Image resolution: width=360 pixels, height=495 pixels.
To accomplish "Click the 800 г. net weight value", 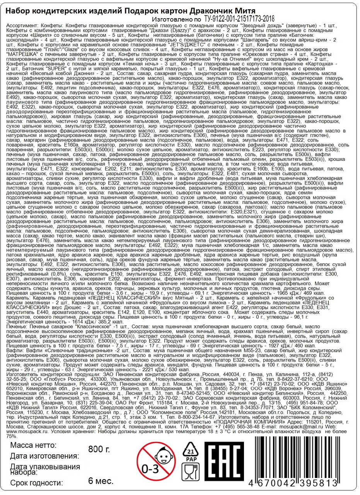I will point(99,449).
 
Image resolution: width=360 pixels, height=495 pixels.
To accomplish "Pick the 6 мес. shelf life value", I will point(101,481).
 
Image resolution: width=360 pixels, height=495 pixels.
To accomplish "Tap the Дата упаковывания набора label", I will point(43,469).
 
